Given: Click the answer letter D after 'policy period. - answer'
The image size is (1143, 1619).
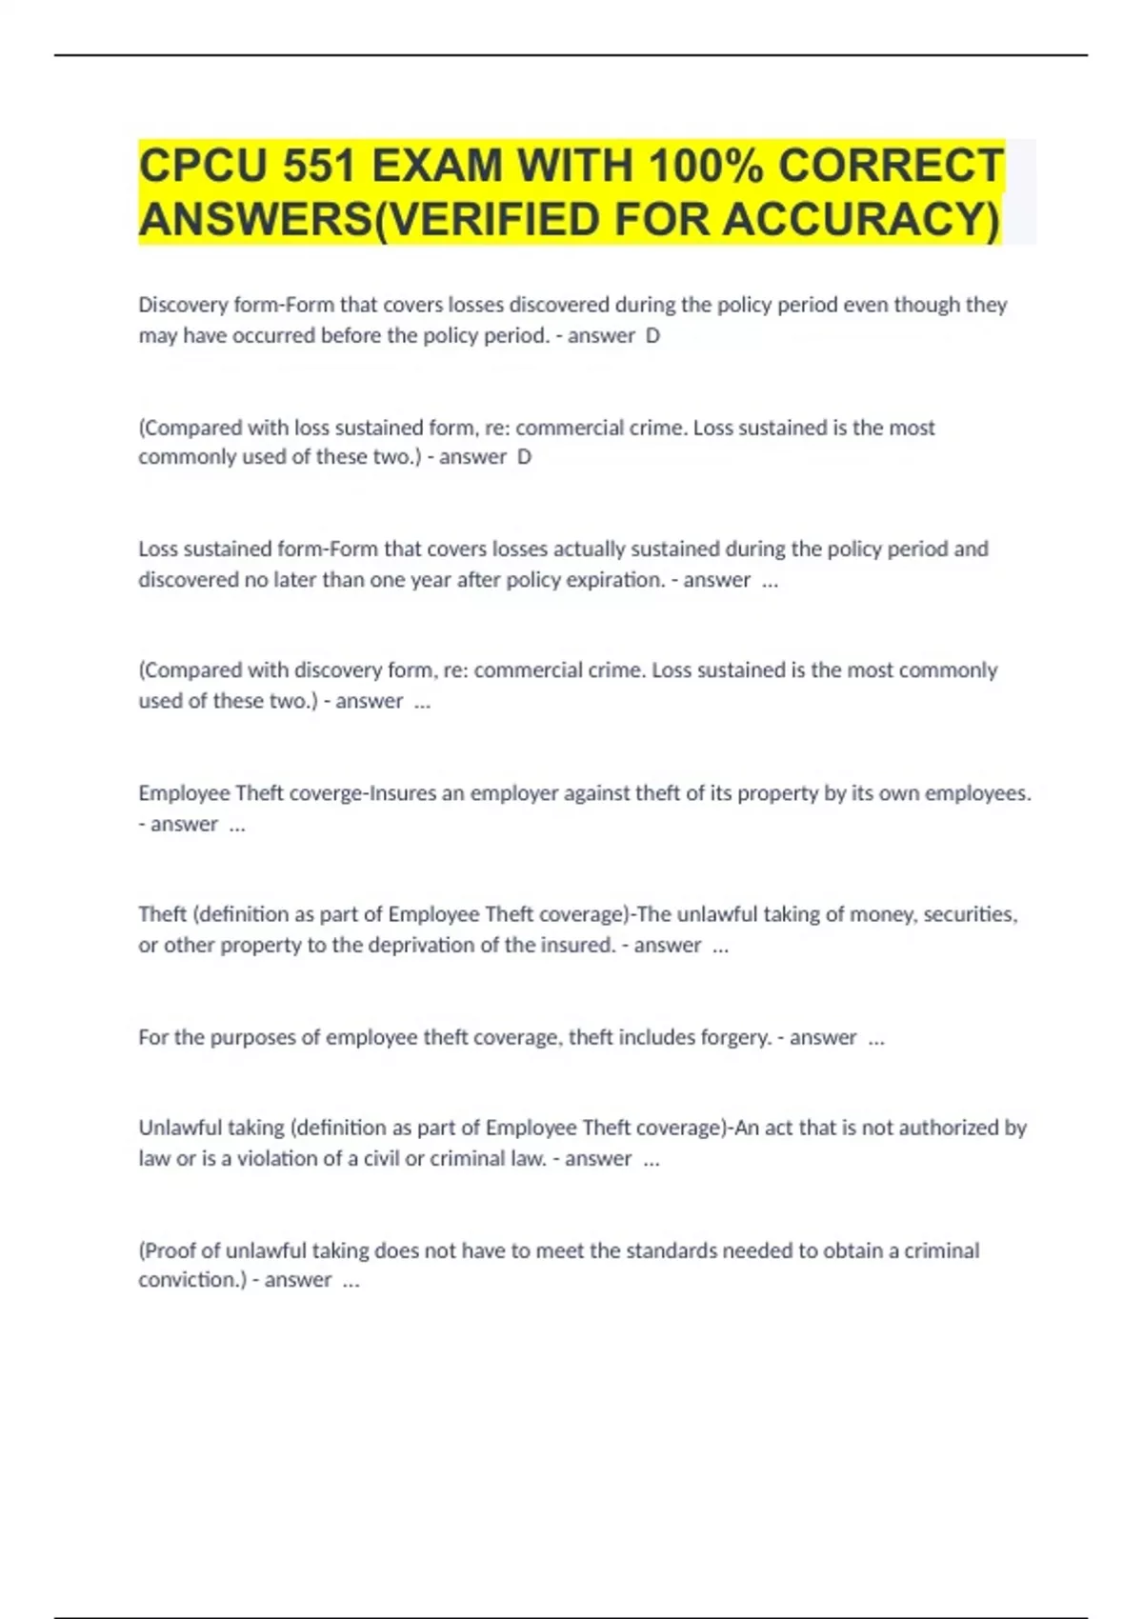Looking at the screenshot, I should point(652,336).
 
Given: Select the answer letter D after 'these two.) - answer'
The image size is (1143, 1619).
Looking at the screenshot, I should point(524,457).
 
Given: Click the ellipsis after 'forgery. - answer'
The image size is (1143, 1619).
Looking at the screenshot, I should point(876,1039).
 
